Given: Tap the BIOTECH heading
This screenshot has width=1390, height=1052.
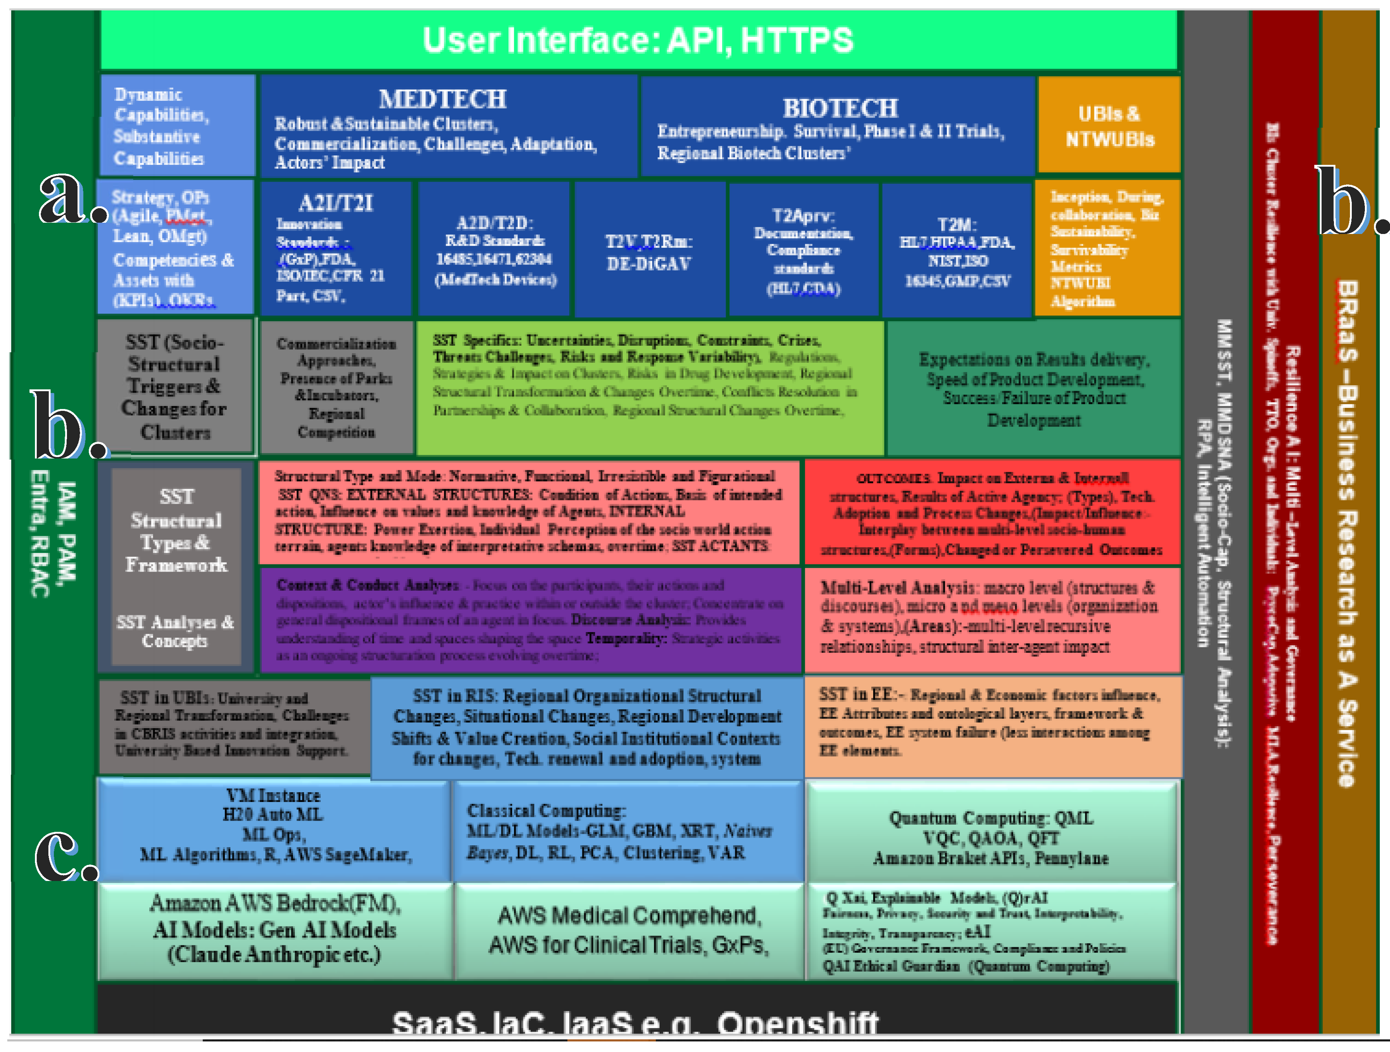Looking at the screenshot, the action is (x=840, y=108).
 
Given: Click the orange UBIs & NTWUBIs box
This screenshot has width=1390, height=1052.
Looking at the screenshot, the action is (x=1109, y=126).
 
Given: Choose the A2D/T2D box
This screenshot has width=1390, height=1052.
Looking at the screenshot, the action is (x=495, y=250).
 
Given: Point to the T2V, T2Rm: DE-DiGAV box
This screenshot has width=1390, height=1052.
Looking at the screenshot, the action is (x=649, y=251).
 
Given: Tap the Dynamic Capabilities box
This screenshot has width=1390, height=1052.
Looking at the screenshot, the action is (x=177, y=126).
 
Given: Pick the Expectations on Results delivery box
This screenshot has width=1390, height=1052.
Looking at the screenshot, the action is (x=1034, y=388).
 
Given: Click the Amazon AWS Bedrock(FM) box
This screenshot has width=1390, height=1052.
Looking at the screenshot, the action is (x=274, y=929).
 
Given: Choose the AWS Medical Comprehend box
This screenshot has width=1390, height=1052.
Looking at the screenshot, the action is (x=628, y=930).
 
